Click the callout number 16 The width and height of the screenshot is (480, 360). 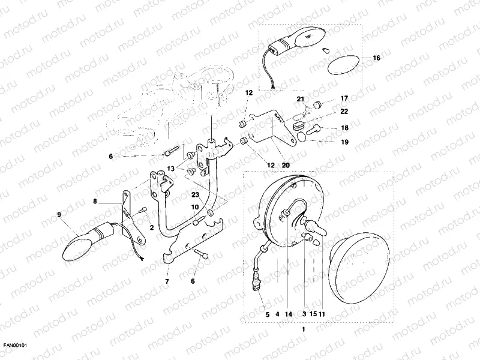coord(376,58)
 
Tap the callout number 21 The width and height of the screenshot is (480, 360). coord(301,98)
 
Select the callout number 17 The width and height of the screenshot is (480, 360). coord(344,98)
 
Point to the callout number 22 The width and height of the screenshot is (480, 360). coord(344,112)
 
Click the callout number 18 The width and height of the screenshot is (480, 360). coord(344,128)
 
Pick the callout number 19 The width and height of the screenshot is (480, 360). coord(344,142)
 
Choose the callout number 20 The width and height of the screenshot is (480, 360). coord(285,165)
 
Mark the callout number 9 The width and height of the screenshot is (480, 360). coord(59,214)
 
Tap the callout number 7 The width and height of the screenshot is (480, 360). coord(167,280)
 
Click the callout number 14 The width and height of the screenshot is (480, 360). coord(289,314)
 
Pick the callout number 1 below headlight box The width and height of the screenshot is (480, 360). coord(303,329)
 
